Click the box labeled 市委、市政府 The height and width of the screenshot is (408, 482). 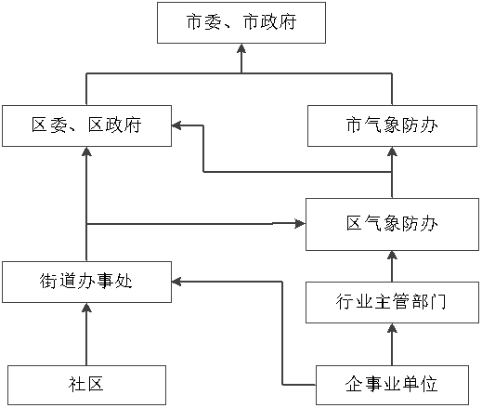pyautogui.click(x=241, y=22)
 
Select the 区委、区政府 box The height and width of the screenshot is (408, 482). pyautogui.click(x=86, y=125)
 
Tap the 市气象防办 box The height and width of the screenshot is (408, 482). pyautogui.click(x=392, y=125)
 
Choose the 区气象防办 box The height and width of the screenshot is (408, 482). pyautogui.click(x=392, y=224)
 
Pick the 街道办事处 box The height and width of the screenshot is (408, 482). pyautogui.click(x=86, y=282)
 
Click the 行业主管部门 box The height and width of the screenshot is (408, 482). pyautogui.click(x=392, y=302)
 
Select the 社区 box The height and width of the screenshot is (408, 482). pyautogui.click(x=86, y=385)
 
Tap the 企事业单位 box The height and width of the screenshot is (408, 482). pyautogui.click(x=392, y=385)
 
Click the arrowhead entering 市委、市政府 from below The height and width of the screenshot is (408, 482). pyautogui.click(x=241, y=48)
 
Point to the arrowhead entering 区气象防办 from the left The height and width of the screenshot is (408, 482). pyautogui.click(x=300, y=223)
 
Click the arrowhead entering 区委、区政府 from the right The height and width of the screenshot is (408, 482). pyautogui.click(x=176, y=125)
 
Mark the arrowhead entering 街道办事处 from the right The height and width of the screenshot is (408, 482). pyautogui.click(x=176, y=282)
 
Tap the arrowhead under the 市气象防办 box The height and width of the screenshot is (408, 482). pyautogui.click(x=392, y=151)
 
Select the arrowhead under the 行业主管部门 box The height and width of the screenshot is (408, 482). pyautogui.click(x=392, y=328)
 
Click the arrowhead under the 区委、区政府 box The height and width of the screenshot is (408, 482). pyautogui.click(x=86, y=151)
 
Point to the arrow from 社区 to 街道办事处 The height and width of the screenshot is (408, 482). pyautogui.click(x=86, y=334)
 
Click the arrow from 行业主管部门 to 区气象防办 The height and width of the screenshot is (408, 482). pyautogui.click(x=392, y=266)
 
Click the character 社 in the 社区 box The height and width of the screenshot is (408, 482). pyautogui.click(x=76, y=385)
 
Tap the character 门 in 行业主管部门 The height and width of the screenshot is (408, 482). pyautogui.click(x=438, y=302)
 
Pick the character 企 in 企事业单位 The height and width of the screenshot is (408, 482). pyautogui.click(x=354, y=384)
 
